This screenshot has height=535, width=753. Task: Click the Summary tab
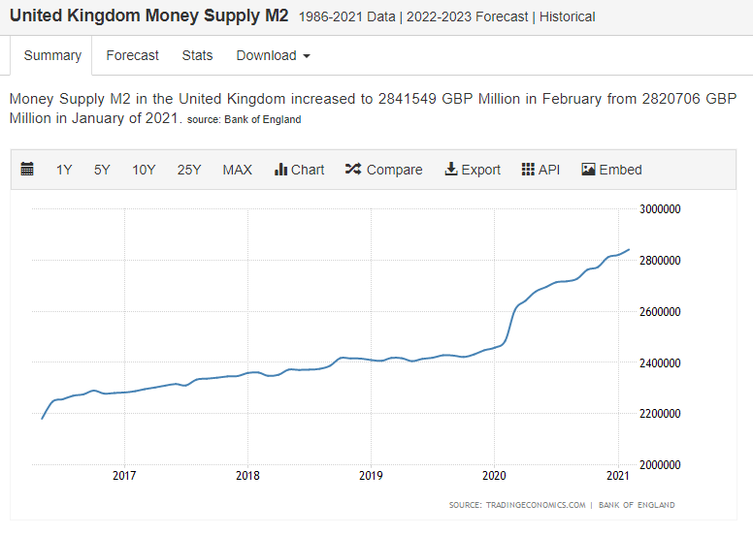click(52, 55)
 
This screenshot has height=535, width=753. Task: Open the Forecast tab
click(132, 55)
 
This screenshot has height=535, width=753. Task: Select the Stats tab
click(197, 55)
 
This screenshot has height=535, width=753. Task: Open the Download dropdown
click(273, 55)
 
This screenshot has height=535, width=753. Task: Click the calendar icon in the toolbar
click(27, 169)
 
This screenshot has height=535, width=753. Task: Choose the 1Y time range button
click(64, 170)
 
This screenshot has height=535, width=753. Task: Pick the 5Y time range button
click(102, 170)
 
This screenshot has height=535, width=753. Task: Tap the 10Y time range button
click(144, 170)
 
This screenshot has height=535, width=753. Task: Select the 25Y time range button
click(188, 170)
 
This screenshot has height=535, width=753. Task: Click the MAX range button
click(237, 170)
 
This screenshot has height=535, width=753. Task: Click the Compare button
click(383, 170)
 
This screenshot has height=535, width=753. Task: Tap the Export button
click(473, 170)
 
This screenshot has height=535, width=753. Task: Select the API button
click(540, 170)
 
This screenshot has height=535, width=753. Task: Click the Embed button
click(611, 170)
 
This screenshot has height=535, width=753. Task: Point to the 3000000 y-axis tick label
click(660, 209)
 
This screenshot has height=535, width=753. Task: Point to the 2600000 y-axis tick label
click(660, 312)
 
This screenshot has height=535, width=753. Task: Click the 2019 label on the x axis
click(371, 476)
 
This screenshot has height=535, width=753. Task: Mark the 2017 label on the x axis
click(124, 476)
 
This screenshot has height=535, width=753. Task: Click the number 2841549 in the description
click(408, 99)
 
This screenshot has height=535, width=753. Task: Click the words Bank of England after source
click(263, 119)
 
